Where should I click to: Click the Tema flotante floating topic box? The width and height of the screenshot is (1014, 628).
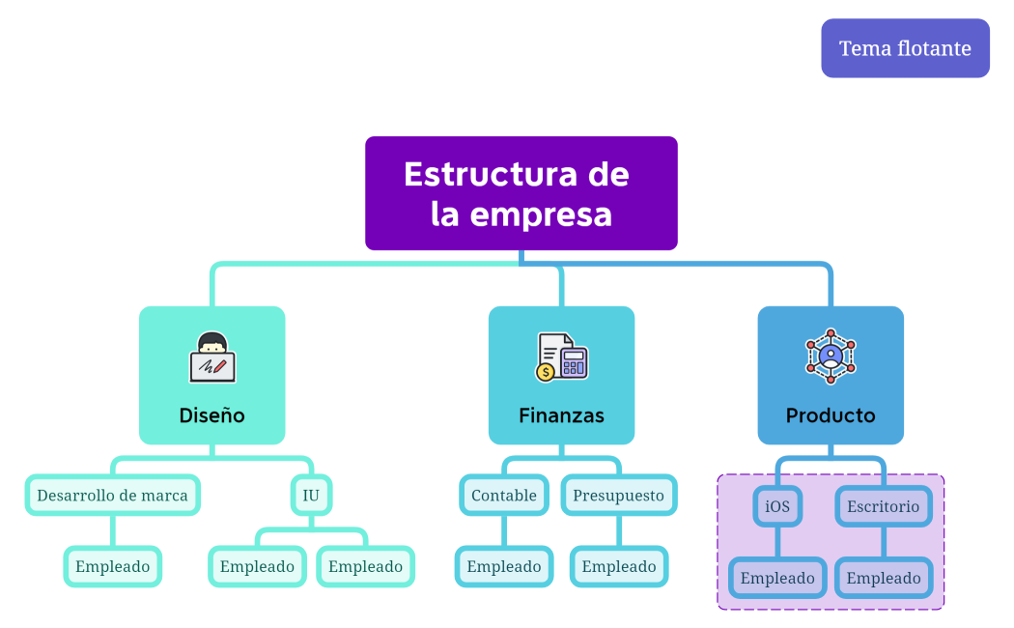pyautogui.click(x=905, y=48)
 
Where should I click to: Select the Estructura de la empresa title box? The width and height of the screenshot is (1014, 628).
pyautogui.click(x=521, y=193)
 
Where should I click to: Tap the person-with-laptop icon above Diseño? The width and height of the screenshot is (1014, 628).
pyautogui.click(x=212, y=357)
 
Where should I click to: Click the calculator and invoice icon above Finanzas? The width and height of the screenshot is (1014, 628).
pyautogui.click(x=561, y=357)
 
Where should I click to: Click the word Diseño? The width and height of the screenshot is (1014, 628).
pyautogui.click(x=212, y=415)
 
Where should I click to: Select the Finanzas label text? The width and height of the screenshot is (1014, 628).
pyautogui.click(x=561, y=415)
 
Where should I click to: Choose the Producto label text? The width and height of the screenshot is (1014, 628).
pyautogui.click(x=831, y=415)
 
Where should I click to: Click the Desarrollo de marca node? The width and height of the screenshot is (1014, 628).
pyautogui.click(x=112, y=496)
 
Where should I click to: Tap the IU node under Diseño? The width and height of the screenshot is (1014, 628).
pyautogui.click(x=311, y=496)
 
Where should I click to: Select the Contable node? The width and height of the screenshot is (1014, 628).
pyautogui.click(x=504, y=496)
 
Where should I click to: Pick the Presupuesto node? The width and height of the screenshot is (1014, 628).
pyautogui.click(x=619, y=496)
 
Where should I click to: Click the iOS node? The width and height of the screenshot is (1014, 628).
pyautogui.click(x=777, y=506)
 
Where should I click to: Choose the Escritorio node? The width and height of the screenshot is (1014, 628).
pyautogui.click(x=884, y=506)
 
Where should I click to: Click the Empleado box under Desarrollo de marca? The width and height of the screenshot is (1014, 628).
pyautogui.click(x=112, y=567)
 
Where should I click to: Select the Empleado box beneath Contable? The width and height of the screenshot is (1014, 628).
pyautogui.click(x=504, y=567)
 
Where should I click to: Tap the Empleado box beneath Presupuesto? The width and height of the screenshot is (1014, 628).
pyautogui.click(x=619, y=567)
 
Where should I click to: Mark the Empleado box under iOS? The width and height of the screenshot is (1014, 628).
pyautogui.click(x=777, y=579)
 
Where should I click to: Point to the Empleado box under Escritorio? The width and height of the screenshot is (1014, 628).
pyautogui.click(x=884, y=579)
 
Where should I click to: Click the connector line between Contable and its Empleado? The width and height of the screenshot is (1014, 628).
pyautogui.click(x=504, y=531)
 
